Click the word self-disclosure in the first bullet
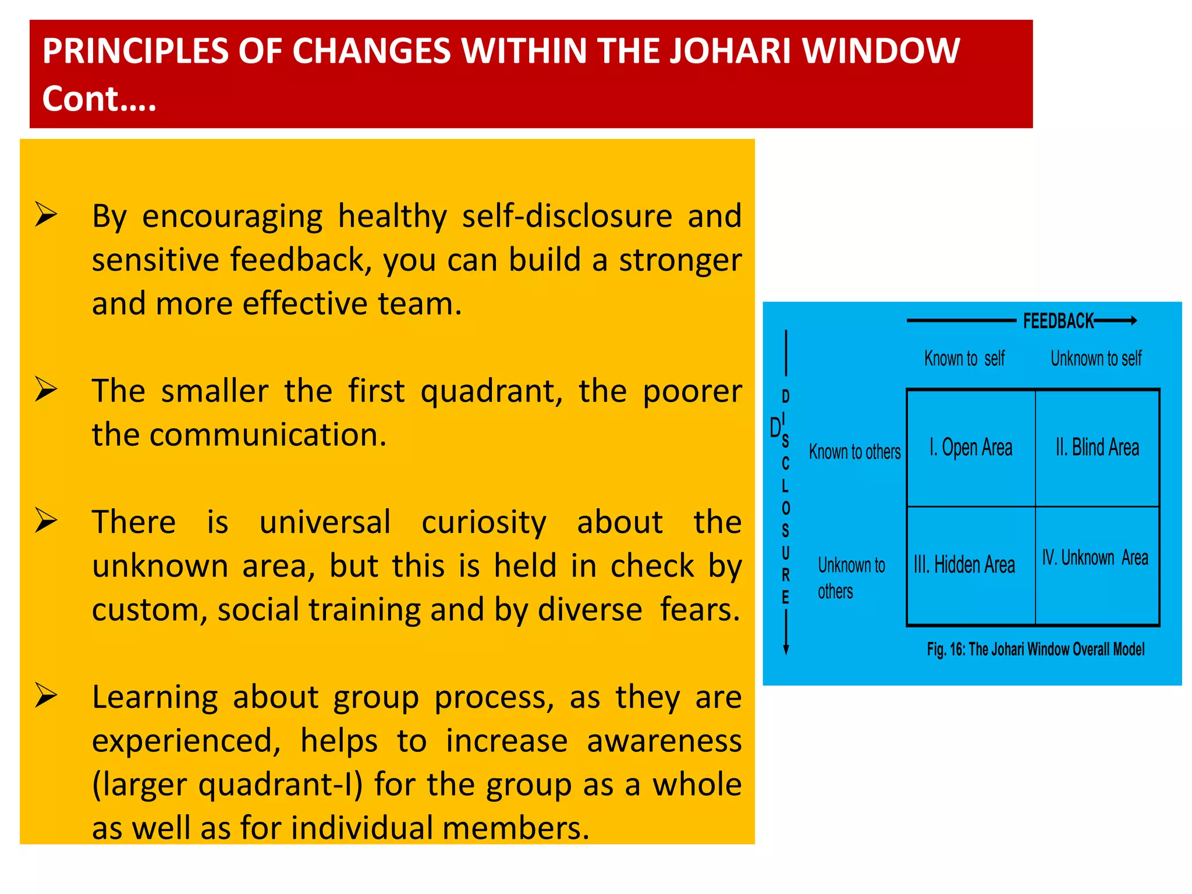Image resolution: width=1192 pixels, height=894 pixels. pos(567,216)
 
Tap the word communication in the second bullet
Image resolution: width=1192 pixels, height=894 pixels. pos(268,435)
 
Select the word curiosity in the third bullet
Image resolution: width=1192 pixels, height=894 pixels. pos(484,522)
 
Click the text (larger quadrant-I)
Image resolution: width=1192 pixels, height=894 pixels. pos(227,785)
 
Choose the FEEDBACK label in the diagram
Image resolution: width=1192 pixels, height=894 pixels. pos(1058,321)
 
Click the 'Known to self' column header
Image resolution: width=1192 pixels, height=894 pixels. pos(964,359)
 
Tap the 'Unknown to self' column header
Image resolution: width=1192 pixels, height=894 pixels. pos(1096,359)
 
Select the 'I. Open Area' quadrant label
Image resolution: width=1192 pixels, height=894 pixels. pos(971,448)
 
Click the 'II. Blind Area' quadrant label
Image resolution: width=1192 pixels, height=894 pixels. pos(1097,448)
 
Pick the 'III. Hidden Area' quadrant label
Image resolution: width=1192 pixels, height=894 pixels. pos(964,565)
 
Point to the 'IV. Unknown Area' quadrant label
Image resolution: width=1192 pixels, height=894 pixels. pos(1095,558)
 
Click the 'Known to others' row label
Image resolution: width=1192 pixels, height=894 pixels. pos(854,452)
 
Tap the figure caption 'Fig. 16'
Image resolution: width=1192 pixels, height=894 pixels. pos(1035,650)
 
